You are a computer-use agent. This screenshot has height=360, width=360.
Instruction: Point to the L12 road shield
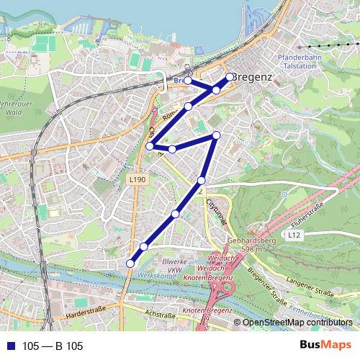[x=293, y=235]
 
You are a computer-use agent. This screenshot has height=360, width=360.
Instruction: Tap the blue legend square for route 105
[x=8, y=346]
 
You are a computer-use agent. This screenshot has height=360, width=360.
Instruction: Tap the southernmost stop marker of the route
[x=130, y=264]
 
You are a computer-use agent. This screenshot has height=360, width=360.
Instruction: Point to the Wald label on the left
[x=12, y=112]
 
